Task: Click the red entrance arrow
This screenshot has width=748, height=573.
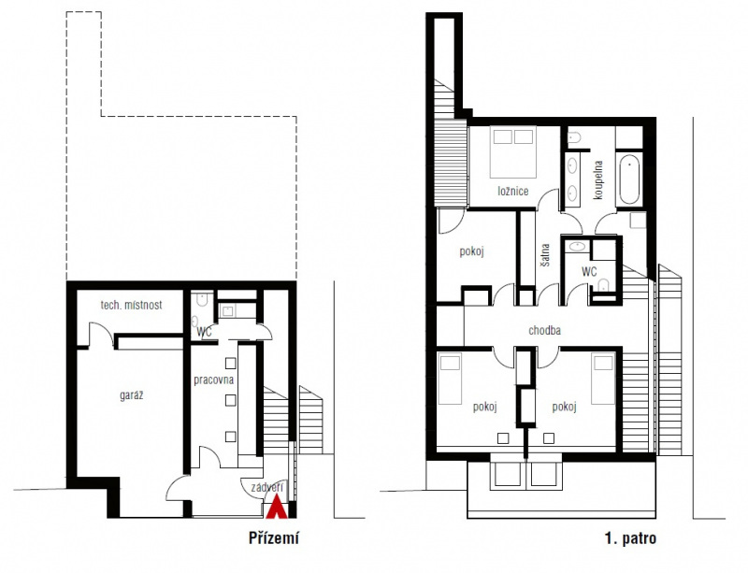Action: click(276, 508)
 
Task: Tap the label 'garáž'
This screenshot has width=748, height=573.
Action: click(131, 395)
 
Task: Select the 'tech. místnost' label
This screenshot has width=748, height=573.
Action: click(131, 305)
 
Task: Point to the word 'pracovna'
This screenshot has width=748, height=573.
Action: click(214, 380)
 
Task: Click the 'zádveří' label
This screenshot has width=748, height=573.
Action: click(267, 487)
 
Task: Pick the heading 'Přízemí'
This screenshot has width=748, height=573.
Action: click(274, 538)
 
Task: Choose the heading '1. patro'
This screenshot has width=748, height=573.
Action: click(630, 538)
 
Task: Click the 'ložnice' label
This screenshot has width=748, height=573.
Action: click(512, 192)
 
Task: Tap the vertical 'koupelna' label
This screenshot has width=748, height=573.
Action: click(598, 179)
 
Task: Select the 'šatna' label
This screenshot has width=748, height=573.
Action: click(545, 255)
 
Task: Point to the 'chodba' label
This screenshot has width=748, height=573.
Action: click(544, 330)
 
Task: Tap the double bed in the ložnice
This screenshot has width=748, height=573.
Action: click(512, 152)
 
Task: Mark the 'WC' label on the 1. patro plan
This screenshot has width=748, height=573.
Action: click(589, 272)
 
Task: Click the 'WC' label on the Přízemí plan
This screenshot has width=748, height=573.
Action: click(204, 332)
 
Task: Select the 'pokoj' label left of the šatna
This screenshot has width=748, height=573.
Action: click(471, 251)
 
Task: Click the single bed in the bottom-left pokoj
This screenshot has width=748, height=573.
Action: click(450, 379)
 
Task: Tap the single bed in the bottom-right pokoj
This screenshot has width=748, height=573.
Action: click(603, 379)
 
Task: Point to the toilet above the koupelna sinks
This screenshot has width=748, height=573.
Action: click(574, 137)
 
